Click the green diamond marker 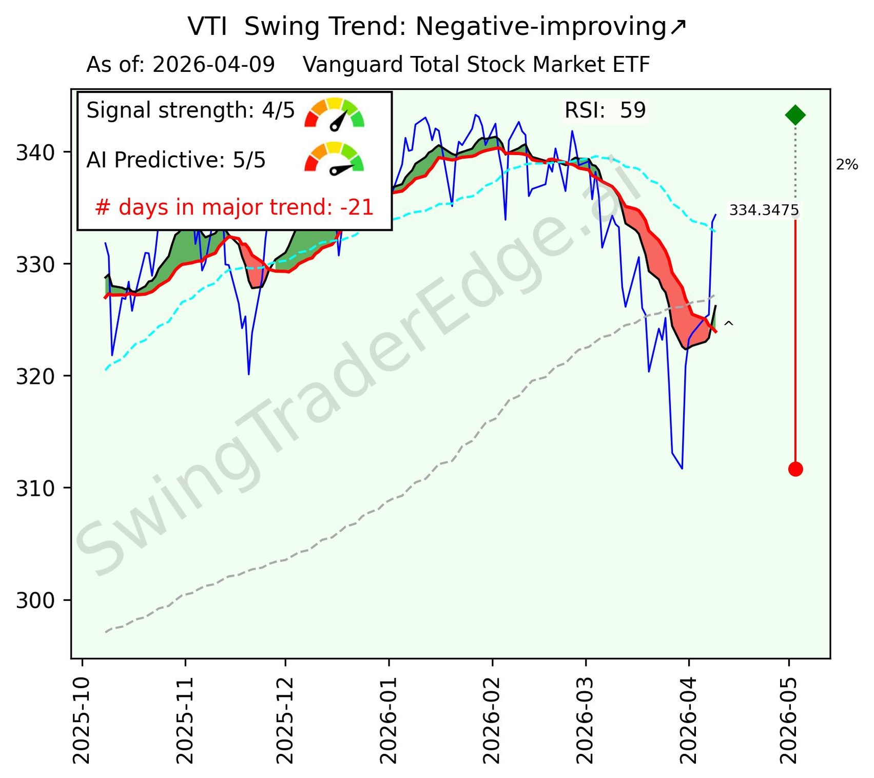pyautogui.click(x=795, y=115)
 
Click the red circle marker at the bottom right pyautogui.click(x=795, y=469)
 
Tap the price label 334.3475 pyautogui.click(x=764, y=210)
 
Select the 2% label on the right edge pyautogui.click(x=847, y=165)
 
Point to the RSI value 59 pyautogui.click(x=632, y=110)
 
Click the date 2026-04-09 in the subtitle pyautogui.click(x=213, y=65)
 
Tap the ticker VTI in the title pyautogui.click(x=207, y=27)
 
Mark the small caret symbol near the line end pyautogui.click(x=728, y=324)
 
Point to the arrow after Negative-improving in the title pyautogui.click(x=677, y=27)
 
